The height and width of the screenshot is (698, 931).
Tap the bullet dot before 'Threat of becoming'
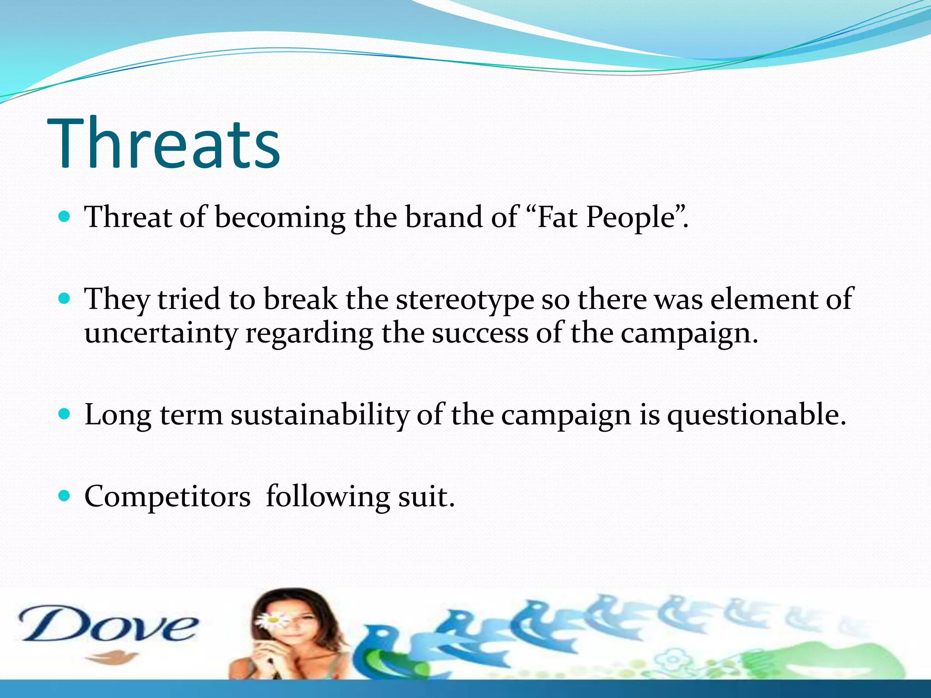click(x=65, y=217)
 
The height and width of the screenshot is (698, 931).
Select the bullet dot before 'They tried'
click(x=65, y=299)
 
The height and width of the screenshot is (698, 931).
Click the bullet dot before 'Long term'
click(x=65, y=414)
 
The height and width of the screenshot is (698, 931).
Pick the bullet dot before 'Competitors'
click(x=65, y=496)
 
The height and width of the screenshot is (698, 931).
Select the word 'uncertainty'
click(x=161, y=334)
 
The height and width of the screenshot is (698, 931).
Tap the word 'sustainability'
click(x=320, y=415)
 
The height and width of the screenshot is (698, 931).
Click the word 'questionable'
click(x=756, y=415)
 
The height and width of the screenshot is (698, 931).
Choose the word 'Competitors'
click(x=167, y=497)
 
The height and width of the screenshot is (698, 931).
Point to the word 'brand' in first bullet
click(x=443, y=217)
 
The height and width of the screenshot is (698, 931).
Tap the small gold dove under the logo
click(x=111, y=657)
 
